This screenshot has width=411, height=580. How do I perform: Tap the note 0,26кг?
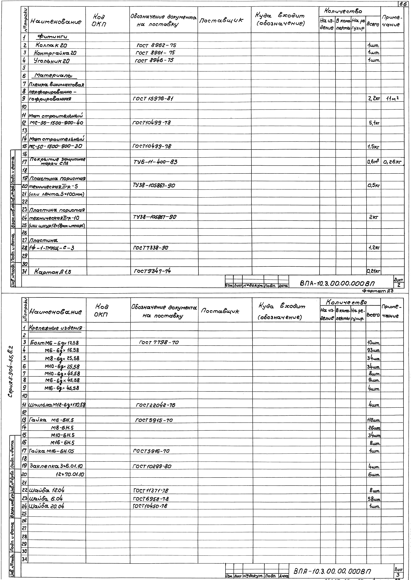[x=392, y=162]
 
